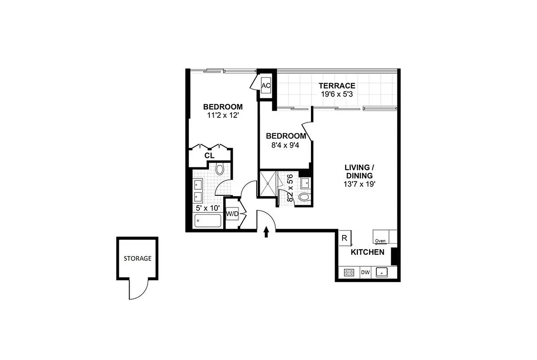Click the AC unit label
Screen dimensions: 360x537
click(266, 85)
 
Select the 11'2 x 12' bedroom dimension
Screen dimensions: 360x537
click(222, 115)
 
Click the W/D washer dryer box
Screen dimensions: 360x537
click(232, 214)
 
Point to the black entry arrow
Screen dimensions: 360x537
click(266, 231)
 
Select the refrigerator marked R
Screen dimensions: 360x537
click(344, 238)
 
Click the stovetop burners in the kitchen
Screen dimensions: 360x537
click(349, 272)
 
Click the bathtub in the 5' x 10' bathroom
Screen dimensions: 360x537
click(208, 221)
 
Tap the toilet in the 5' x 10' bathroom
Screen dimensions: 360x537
click(220, 170)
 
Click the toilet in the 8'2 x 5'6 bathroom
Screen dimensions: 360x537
click(304, 197)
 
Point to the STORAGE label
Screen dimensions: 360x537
click(137, 259)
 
